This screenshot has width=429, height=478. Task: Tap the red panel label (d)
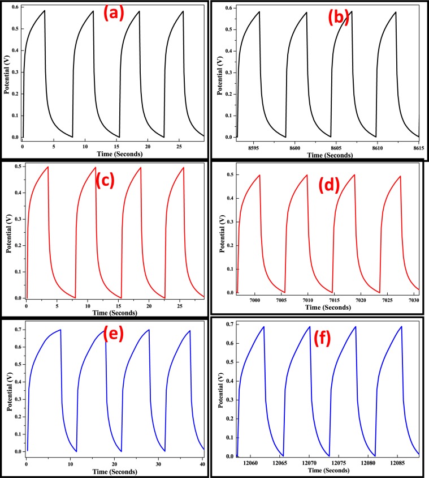(x=326, y=185)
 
